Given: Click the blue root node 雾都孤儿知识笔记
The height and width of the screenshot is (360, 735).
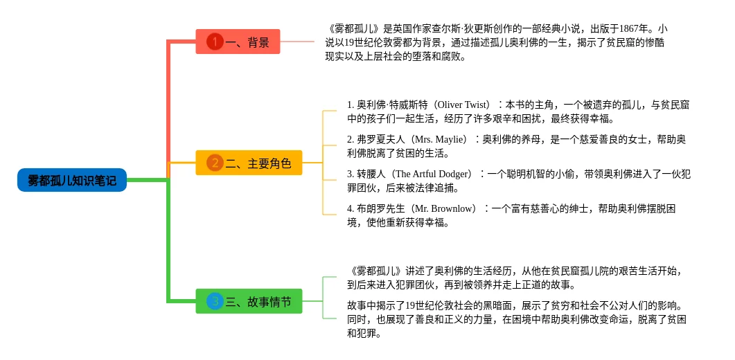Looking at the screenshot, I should coord(72,180).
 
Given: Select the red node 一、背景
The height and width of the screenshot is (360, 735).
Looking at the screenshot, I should coord(238,42).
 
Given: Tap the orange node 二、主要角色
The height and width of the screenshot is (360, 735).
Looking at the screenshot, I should coord(249,163).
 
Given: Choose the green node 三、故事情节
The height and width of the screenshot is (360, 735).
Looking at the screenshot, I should coord(249,301).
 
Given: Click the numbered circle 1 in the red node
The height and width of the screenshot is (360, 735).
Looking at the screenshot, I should coord(215,42).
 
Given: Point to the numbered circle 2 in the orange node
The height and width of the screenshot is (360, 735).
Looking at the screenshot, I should coord(215,163).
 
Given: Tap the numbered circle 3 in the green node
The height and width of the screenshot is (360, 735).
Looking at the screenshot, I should coord(215,301).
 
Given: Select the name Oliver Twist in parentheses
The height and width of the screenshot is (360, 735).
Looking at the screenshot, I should coord(463,105).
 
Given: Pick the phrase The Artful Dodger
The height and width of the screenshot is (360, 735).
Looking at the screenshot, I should coord(432,174).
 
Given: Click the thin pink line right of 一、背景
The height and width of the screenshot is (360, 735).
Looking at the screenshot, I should coord(297,42).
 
